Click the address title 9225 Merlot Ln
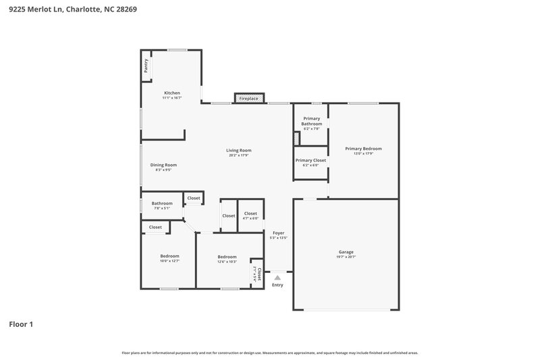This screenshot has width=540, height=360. (74, 10)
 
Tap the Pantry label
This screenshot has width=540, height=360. (146, 65)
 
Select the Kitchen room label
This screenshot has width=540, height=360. (172, 93)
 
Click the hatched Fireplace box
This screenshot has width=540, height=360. (248, 98)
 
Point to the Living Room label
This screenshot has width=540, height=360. (238, 150)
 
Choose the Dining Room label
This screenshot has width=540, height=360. (163, 165)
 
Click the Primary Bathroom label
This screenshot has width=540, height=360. (311, 121)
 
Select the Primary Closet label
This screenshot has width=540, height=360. (310, 160)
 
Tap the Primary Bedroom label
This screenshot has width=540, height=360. (363, 149)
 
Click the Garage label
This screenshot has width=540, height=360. (346, 252)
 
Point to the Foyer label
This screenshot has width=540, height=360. (278, 232)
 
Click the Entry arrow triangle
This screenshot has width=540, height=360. (277, 276)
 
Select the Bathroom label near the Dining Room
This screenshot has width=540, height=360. (162, 203)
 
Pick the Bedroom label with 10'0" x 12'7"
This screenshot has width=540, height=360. (169, 256)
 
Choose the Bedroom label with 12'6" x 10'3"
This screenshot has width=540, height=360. (227, 257)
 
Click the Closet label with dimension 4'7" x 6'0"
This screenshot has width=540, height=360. (250, 213)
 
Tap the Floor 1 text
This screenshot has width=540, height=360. (21, 324)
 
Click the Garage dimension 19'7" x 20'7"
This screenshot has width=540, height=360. (346, 257)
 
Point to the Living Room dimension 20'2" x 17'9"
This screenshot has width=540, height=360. (238, 155)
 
